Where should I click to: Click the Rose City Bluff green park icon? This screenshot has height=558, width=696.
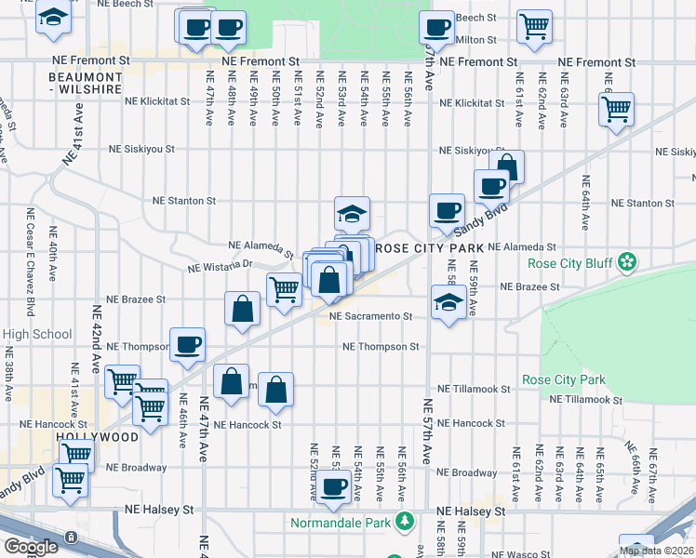629,262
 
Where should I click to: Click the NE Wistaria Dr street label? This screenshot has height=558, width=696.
220,265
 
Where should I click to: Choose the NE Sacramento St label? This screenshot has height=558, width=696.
370,316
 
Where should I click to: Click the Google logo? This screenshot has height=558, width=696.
31,547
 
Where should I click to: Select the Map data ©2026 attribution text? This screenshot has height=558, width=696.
656,551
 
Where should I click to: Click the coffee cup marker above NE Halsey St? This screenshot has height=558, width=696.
332,485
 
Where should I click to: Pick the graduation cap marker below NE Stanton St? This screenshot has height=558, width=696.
353,214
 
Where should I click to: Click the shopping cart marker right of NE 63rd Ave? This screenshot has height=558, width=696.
617,109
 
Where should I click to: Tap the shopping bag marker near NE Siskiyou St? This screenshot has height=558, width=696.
507,167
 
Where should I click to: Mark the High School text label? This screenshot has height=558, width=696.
37,335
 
